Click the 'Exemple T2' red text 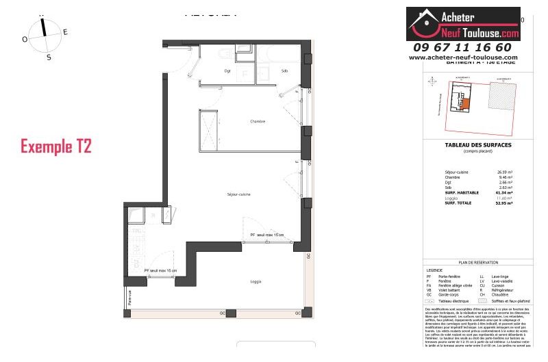tap(55, 146)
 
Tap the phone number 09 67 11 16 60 tap(462, 47)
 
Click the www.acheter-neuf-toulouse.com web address tap(463, 57)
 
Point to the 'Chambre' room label tap(257, 122)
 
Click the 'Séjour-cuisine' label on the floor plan tap(238, 195)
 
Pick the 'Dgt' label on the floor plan tap(227, 71)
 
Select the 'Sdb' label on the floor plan tap(284, 71)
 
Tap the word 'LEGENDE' tap(434, 270)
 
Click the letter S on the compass tap(49, 57)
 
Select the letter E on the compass tap(65, 31)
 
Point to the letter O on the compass tap(25, 40)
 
